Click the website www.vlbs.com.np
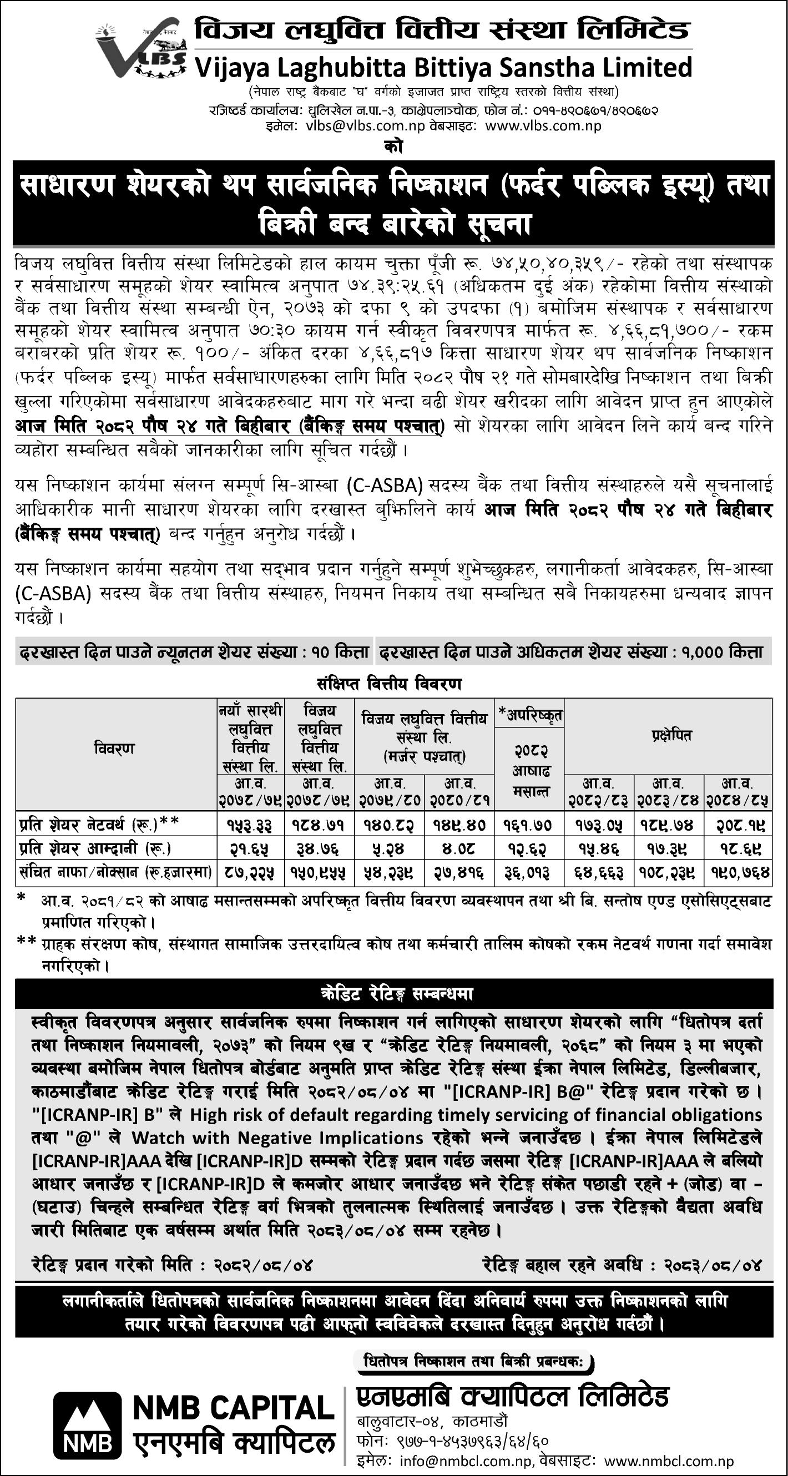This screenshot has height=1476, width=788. (x=543, y=126)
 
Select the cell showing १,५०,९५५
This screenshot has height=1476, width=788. (x=320, y=873)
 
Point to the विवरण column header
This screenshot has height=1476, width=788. (x=115, y=749)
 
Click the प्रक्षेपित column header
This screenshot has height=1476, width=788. (x=668, y=735)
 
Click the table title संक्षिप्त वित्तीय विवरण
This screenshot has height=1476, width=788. (x=389, y=684)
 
